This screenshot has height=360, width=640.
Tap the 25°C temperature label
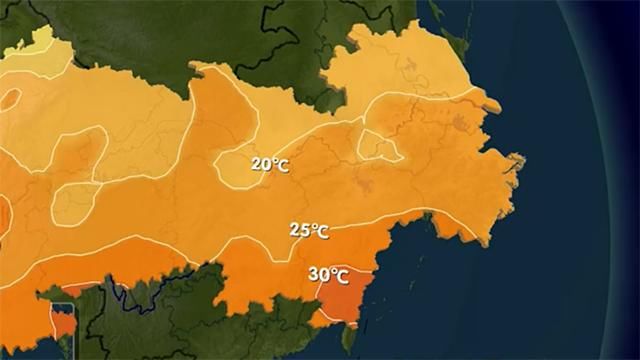click(x=309, y=230)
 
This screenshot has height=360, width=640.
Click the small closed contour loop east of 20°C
click(x=380, y=146)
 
